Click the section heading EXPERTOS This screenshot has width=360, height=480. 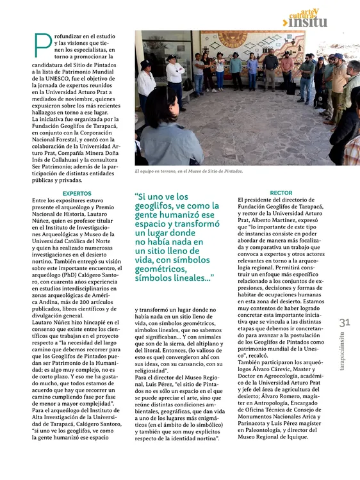[x=77, y=193]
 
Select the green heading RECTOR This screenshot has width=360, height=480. [x=281, y=193]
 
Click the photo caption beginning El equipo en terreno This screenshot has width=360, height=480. [x=188, y=172]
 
